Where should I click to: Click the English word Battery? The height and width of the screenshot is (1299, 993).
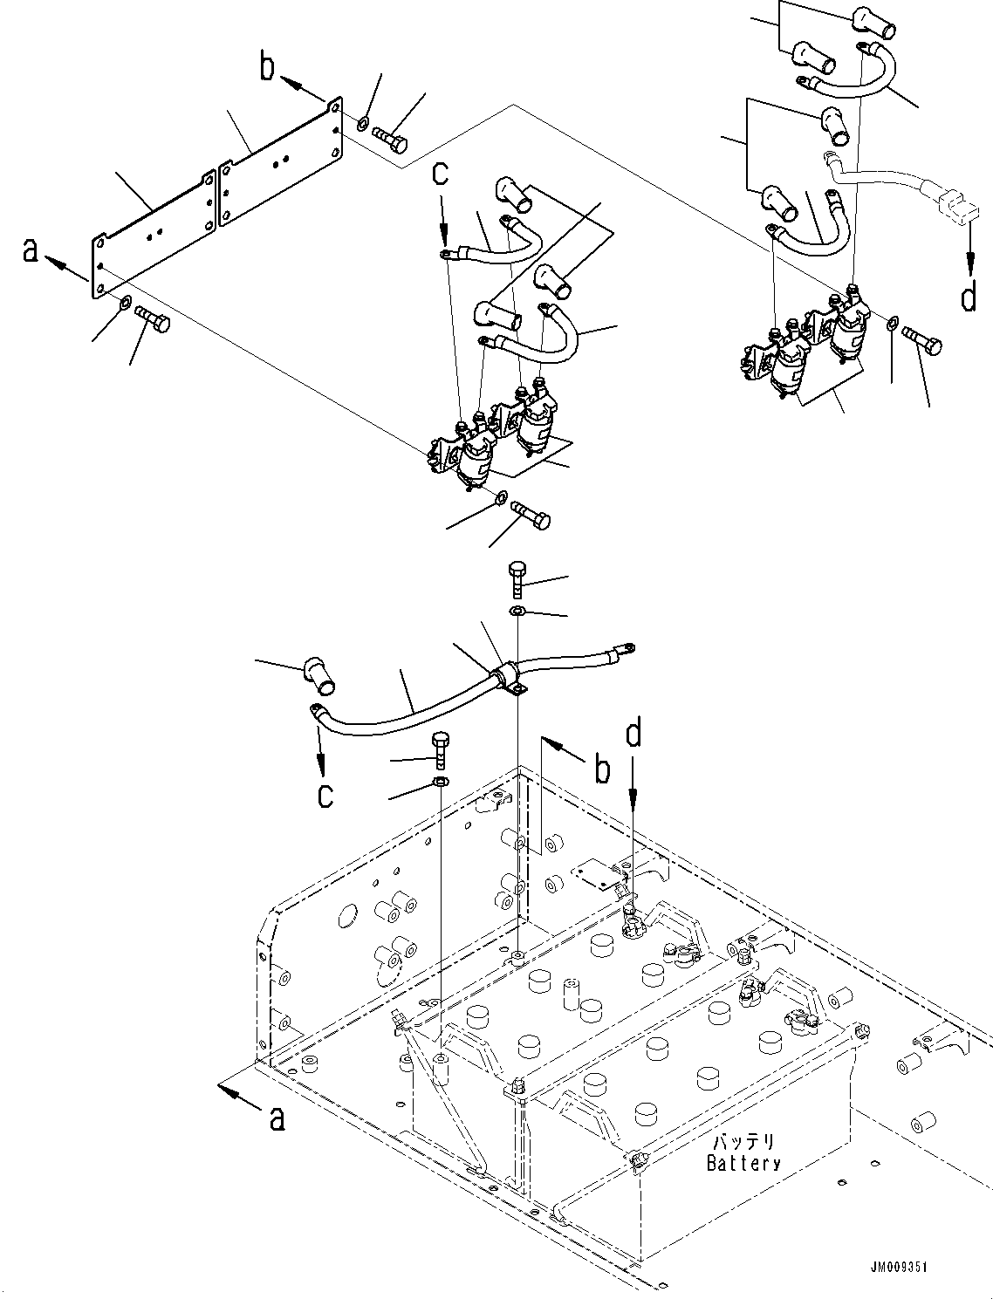pyautogui.click(x=743, y=1163)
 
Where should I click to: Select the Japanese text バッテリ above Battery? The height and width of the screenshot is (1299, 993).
pyautogui.click(x=743, y=1142)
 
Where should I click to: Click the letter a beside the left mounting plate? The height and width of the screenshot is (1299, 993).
pyautogui.click(x=31, y=250)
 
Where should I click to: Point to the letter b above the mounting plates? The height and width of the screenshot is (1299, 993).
pyautogui.click(x=268, y=68)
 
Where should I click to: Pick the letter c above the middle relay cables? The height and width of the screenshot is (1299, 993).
pyautogui.click(x=442, y=173)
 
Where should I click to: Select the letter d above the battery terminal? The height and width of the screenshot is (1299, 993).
pyautogui.click(x=634, y=734)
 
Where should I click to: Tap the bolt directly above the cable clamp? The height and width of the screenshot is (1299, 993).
pyautogui.click(x=517, y=578)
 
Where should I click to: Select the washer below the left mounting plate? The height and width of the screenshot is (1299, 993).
pyautogui.click(x=126, y=303)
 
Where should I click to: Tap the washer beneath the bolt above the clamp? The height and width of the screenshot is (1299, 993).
pyautogui.click(x=517, y=610)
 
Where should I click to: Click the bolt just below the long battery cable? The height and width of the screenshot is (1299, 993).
pyautogui.click(x=442, y=748)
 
